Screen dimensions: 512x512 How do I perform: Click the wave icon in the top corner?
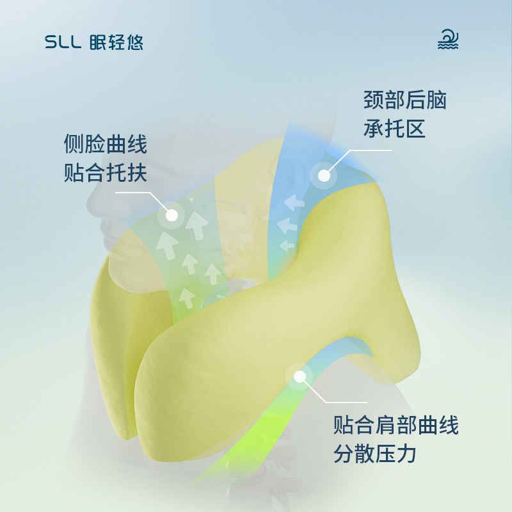point(449,40)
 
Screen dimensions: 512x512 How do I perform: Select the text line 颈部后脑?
point(405,100)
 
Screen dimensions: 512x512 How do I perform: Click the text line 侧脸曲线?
point(106,144)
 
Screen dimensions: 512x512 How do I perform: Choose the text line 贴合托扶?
point(106,173)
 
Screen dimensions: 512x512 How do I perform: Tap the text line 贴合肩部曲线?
point(396,426)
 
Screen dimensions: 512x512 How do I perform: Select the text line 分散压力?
point(375,454)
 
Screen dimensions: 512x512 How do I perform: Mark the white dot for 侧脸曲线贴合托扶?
point(172,215)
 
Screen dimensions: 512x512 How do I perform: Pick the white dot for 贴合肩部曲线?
point(299,377)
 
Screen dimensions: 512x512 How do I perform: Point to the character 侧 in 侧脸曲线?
point(74,144)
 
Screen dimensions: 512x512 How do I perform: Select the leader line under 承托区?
point(365,151)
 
